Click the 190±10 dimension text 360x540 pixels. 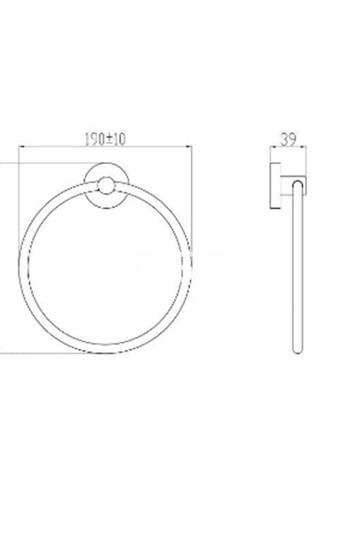[105, 139]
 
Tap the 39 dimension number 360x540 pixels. [288, 139]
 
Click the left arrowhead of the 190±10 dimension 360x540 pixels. [21, 147]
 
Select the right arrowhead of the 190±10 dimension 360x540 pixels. [189, 147]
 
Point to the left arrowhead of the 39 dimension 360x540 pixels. [272, 147]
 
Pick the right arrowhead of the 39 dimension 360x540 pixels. [304, 147]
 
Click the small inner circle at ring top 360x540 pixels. [106, 186]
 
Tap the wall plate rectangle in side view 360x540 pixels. [275, 185]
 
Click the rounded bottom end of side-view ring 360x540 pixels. [298, 351]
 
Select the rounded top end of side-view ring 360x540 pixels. [298, 183]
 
